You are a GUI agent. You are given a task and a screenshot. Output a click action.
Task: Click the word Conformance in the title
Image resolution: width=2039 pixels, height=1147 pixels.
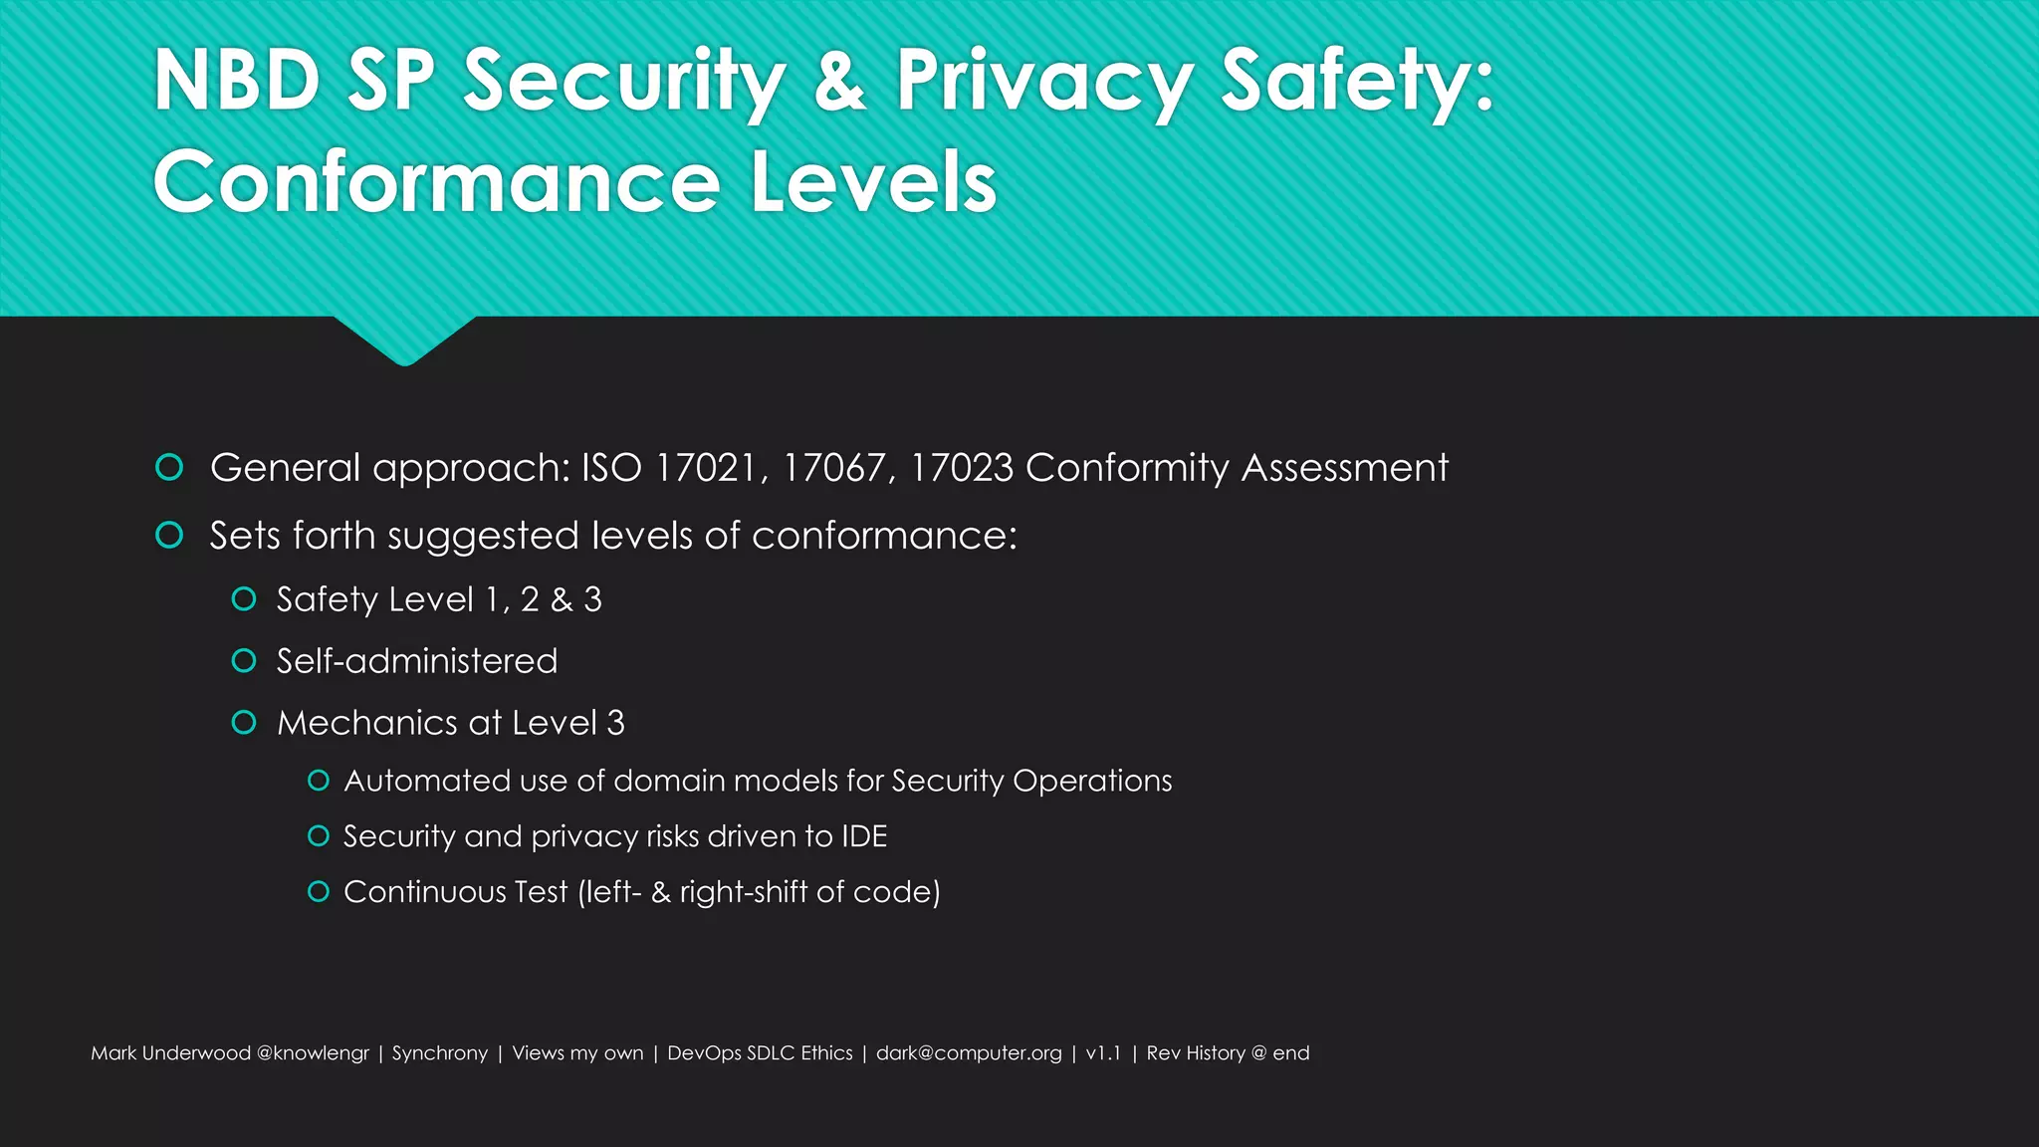pos(436,181)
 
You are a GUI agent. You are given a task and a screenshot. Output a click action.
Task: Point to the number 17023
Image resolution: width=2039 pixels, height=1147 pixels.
pos(962,468)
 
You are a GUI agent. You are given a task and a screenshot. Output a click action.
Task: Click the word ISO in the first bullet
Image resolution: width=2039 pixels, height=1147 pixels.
pos(611,468)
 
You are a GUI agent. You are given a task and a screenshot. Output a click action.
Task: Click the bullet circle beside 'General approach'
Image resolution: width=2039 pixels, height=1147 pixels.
pos(169,467)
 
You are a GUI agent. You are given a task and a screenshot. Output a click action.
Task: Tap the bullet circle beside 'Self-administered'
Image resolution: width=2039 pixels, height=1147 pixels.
pos(244,661)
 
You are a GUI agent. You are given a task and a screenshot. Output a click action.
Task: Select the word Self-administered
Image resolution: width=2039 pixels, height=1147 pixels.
pos(417,661)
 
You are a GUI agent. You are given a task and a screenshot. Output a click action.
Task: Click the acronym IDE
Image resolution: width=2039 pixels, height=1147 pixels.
pos(863,836)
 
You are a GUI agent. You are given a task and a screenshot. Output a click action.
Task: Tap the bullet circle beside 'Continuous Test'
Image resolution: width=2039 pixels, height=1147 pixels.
pos(319,892)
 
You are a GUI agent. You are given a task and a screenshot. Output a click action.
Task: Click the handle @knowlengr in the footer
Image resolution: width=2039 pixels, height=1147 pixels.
pos(313,1053)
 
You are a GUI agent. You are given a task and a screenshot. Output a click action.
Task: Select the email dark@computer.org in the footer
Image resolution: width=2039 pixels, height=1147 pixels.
pos(969,1053)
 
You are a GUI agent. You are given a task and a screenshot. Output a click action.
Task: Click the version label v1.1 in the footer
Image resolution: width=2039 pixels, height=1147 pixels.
pos(1103,1053)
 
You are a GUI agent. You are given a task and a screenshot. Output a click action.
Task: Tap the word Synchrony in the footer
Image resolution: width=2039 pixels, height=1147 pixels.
pos(440,1053)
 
